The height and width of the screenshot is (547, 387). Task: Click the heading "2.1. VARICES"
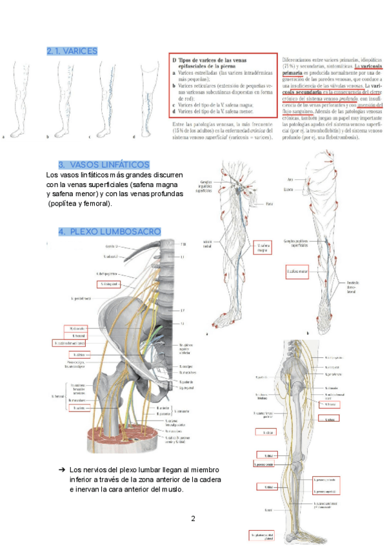72,51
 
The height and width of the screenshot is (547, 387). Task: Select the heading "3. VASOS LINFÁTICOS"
104,165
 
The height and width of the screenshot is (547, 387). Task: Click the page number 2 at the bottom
193,518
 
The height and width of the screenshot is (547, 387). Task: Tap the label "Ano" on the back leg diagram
290,179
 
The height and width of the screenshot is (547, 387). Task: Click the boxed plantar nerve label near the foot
261,535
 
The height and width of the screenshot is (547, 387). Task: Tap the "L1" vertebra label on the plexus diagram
182,257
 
